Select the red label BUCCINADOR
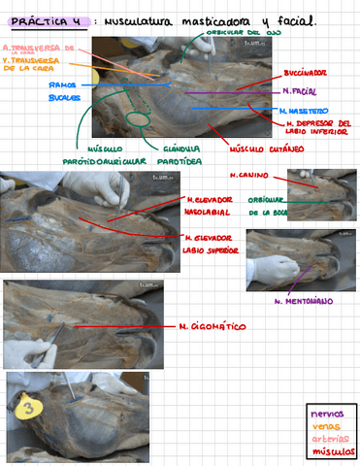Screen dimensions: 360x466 (x=305, y=73)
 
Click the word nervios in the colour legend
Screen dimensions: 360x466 (x=327, y=414)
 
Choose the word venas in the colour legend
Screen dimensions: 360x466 (x=325, y=425)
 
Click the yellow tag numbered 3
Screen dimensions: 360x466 (x=28, y=409)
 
